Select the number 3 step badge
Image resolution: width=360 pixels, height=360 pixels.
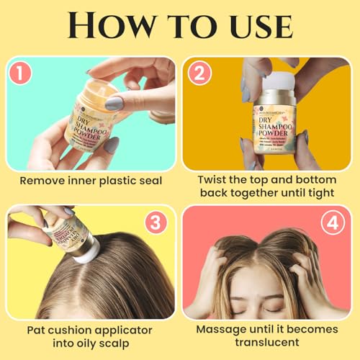[x=156, y=224]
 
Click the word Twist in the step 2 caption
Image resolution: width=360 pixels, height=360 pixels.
[x=212, y=181]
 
